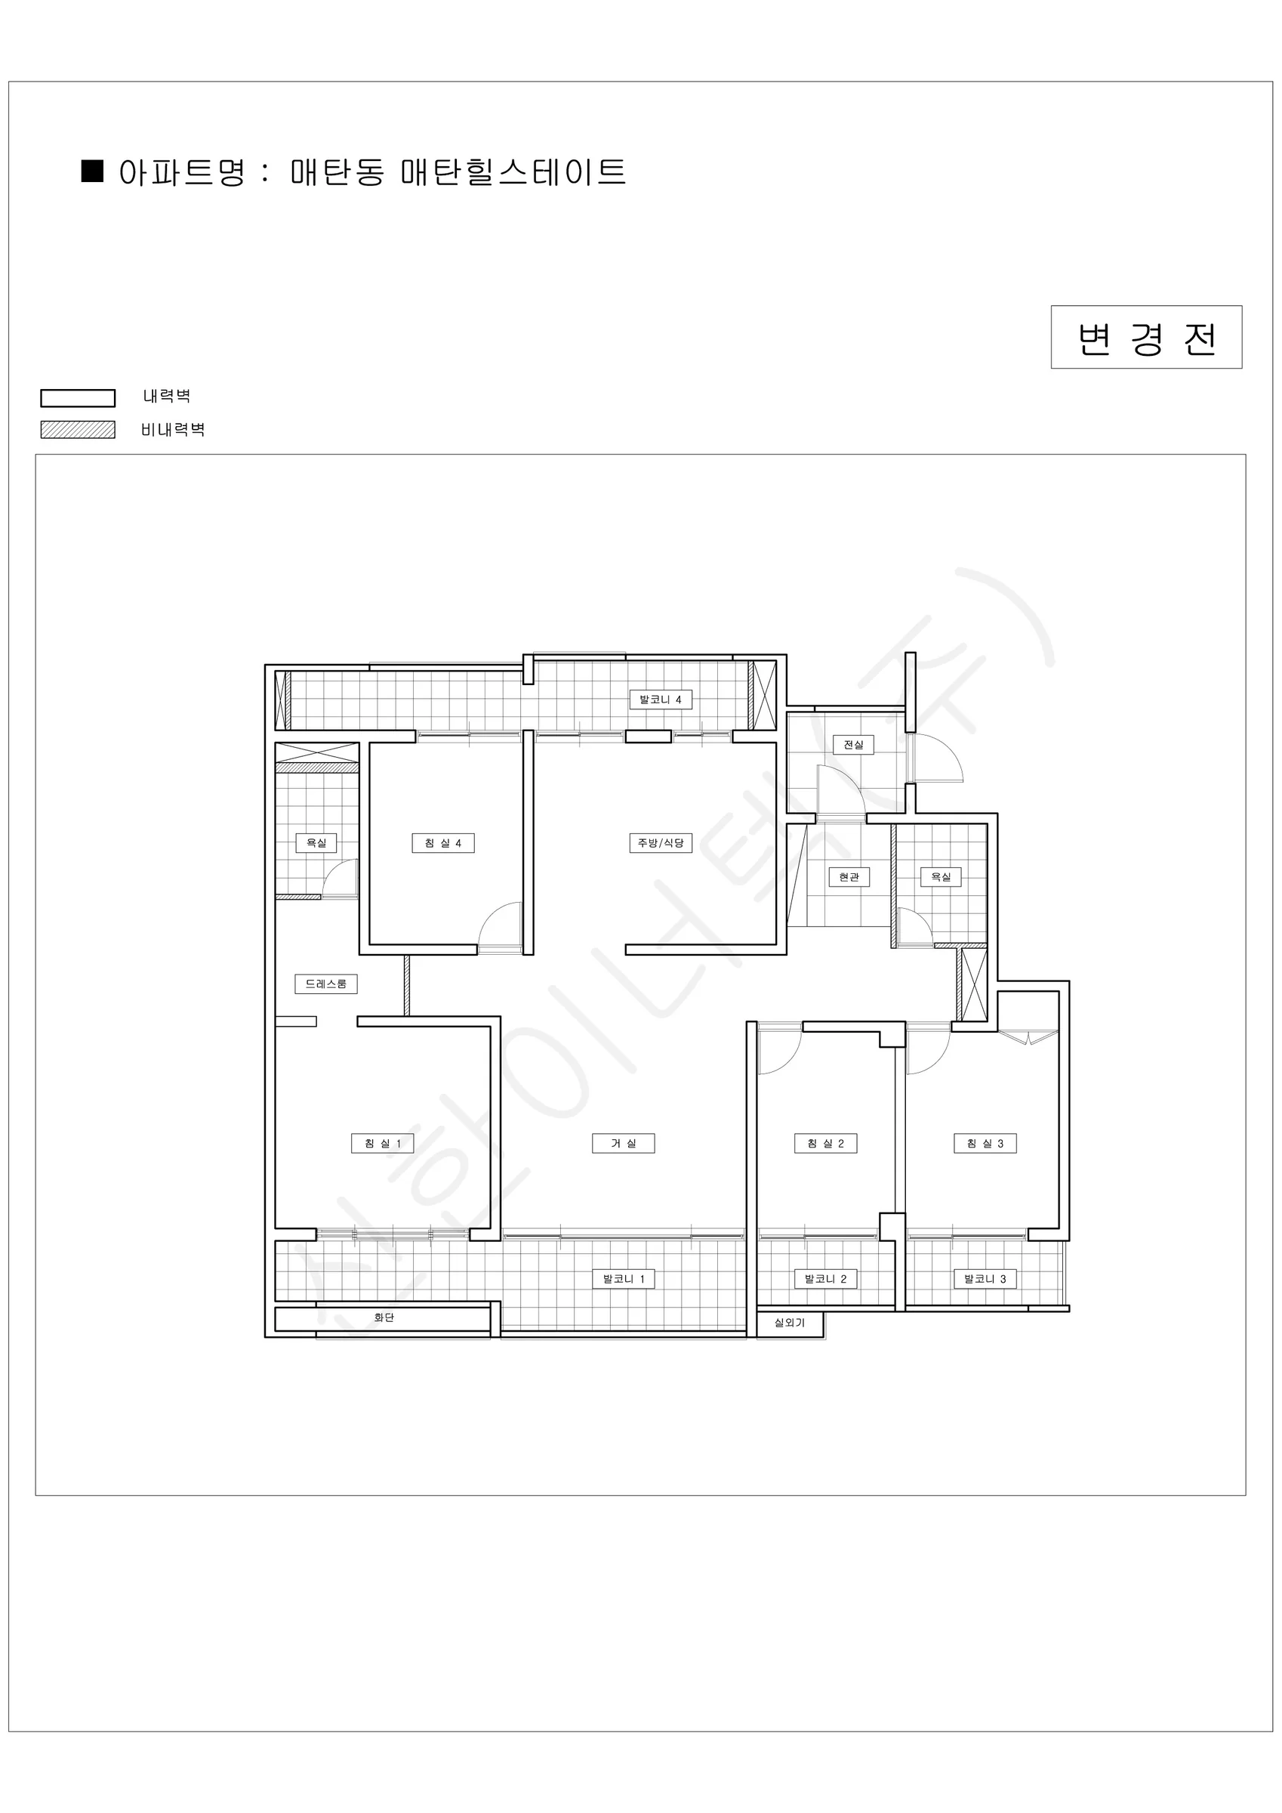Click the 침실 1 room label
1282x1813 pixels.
point(382,1144)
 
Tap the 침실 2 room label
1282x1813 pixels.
point(826,1144)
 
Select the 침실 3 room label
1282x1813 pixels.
point(985,1144)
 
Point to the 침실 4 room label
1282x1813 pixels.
point(443,843)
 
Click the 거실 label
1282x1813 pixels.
point(624,1144)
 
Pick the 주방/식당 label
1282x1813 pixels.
point(661,843)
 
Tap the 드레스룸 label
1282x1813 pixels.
point(326,984)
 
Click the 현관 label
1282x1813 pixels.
point(849,877)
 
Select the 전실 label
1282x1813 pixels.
point(853,745)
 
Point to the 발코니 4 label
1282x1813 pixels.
point(661,700)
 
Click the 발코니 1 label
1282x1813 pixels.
point(624,1279)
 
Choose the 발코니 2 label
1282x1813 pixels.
point(826,1279)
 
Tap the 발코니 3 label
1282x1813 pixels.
point(985,1279)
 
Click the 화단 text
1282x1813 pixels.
point(384,1318)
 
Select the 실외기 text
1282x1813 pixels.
point(790,1323)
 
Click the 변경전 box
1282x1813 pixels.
point(1146,337)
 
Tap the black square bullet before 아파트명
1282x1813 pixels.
point(92,171)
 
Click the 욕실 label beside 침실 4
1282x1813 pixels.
point(316,843)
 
